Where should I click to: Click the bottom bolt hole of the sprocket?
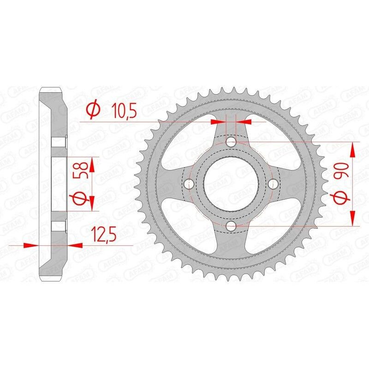(x=231, y=226)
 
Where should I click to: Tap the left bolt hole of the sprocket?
(x=189, y=184)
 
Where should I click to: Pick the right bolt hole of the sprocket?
(x=274, y=184)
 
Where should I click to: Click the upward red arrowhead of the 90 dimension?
(x=353, y=150)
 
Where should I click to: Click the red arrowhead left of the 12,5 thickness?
(x=30, y=246)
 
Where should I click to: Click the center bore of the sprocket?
(x=231, y=184)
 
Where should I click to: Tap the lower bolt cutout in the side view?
(x=59, y=225)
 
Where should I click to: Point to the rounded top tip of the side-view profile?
(x=51, y=89)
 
